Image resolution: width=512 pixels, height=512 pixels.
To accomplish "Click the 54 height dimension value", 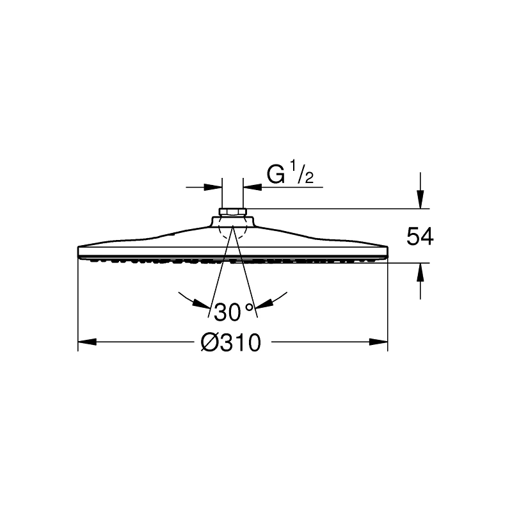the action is (420, 237).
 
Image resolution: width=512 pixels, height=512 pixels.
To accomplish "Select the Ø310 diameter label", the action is (231, 342).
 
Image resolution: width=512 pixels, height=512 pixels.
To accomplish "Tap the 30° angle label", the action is (234, 312).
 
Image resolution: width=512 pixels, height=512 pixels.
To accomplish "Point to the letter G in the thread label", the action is (275, 174).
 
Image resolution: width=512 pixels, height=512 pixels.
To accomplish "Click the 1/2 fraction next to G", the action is (301, 173).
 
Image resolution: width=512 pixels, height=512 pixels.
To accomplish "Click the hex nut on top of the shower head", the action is (232, 212).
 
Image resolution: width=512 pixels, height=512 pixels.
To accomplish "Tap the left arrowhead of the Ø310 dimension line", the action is (87, 342).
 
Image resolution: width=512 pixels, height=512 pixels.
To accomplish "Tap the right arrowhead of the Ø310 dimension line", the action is (378, 342).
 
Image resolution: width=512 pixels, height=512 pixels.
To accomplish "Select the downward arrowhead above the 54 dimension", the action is (420, 199).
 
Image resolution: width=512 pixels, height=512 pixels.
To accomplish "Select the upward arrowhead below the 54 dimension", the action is (420, 272).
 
